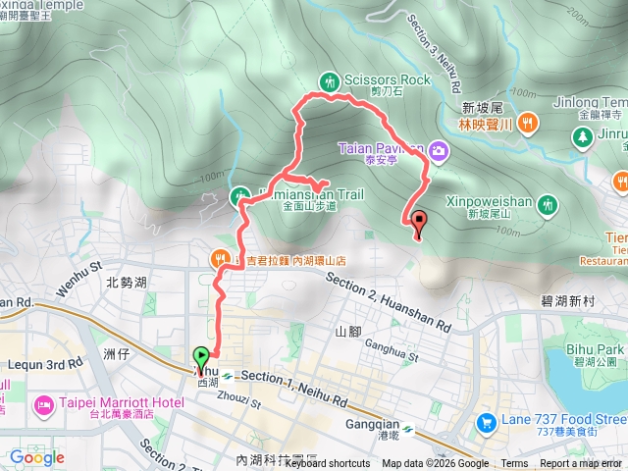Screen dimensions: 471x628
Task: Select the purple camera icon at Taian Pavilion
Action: (438, 151)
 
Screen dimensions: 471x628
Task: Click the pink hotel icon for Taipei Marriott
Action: (43, 404)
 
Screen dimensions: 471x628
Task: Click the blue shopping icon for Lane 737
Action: (485, 422)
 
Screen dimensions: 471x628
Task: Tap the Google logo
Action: (37, 457)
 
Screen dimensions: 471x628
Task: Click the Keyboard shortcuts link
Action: (328, 464)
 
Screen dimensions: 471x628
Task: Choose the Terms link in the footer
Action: (514, 464)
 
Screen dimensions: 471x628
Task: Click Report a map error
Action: (581, 464)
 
